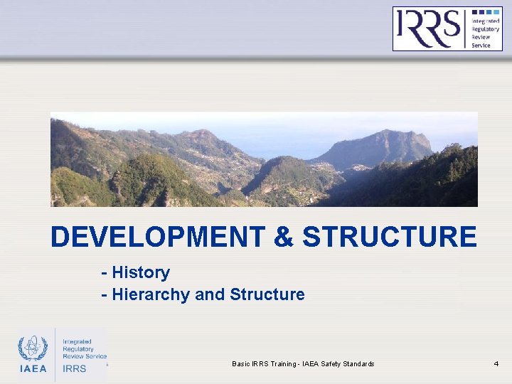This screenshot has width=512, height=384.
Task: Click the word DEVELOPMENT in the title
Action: [x=157, y=237]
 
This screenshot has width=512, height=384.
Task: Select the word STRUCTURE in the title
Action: [x=389, y=237]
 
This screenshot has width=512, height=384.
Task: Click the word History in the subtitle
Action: [x=141, y=272]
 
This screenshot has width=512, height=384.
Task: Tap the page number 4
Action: [x=496, y=364]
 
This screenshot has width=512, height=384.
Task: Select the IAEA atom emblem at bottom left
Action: [x=33, y=348]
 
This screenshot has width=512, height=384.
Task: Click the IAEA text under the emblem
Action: [x=33, y=368]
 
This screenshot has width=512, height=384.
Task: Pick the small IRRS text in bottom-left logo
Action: [x=75, y=368]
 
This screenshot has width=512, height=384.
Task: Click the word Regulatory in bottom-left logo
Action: [x=78, y=349]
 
